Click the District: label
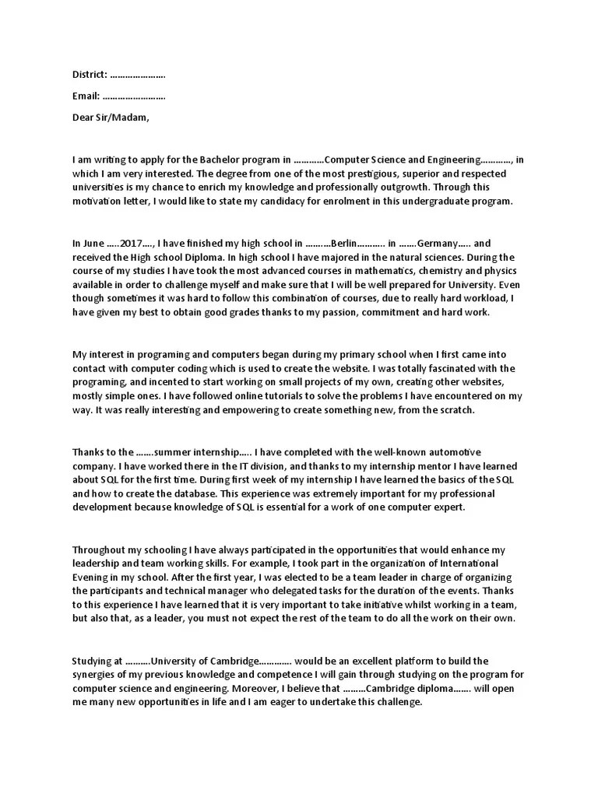click(x=89, y=75)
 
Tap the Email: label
click(x=85, y=97)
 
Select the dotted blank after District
click(x=138, y=76)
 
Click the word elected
click(x=291, y=577)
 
